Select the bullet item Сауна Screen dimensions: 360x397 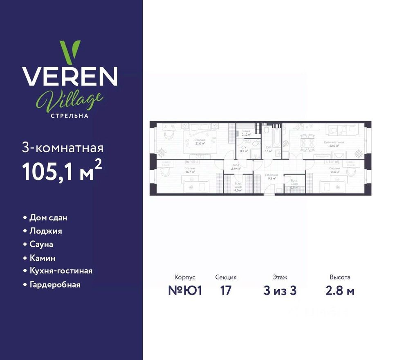[x=41, y=244]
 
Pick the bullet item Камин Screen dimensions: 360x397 [x=43, y=258]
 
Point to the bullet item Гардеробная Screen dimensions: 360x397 [x=55, y=285]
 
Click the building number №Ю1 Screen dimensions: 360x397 [x=185, y=291]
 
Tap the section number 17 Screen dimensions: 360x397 [x=226, y=291]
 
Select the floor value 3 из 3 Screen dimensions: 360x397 [x=280, y=291]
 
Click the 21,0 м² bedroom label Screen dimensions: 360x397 [x=200, y=142]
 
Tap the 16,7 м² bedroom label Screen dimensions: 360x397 [x=190, y=170]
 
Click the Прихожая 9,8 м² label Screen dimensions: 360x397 [x=273, y=176]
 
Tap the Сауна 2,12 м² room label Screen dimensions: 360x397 [x=246, y=133]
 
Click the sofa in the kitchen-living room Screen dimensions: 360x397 [x=342, y=130]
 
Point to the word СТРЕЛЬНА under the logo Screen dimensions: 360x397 [x=70, y=115]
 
